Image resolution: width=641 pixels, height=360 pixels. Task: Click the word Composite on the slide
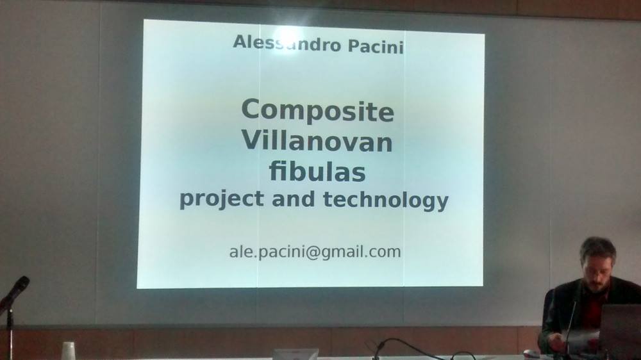pos(318,110)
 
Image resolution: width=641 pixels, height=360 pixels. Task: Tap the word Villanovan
pos(317,141)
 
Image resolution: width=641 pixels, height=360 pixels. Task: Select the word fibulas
pos(317,171)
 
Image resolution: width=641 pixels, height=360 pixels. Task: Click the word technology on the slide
pos(385,200)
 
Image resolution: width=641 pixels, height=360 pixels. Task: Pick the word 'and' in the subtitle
pos(293,199)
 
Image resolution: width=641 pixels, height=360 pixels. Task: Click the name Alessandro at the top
pos(287,44)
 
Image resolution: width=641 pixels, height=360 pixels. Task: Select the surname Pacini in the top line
pos(376,46)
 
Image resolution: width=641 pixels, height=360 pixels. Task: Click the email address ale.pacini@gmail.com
pos(315,252)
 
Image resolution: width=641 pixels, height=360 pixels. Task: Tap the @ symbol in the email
pos(312,252)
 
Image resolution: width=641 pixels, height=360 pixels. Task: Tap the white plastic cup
pos(69,351)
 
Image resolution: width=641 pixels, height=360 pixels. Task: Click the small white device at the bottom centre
pos(295,354)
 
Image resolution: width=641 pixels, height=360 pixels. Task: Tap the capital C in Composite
pos(251,110)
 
